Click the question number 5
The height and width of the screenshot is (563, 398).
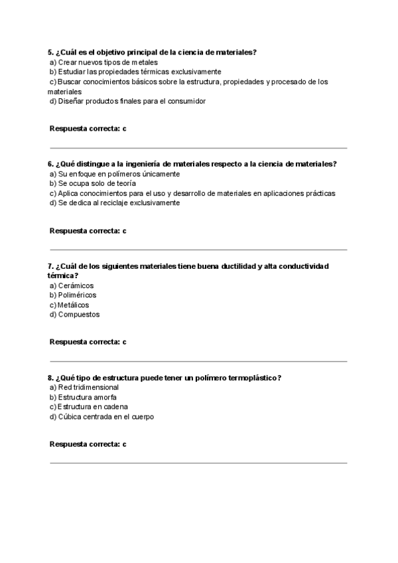click(x=50, y=52)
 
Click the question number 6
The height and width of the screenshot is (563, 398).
click(x=50, y=164)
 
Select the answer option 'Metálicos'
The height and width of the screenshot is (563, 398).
click(x=73, y=305)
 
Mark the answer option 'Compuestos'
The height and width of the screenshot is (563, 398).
click(x=79, y=315)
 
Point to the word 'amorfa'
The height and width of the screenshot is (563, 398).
click(x=105, y=397)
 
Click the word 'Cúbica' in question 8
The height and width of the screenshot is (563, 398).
click(x=70, y=417)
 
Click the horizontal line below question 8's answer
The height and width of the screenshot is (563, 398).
click(x=198, y=463)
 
